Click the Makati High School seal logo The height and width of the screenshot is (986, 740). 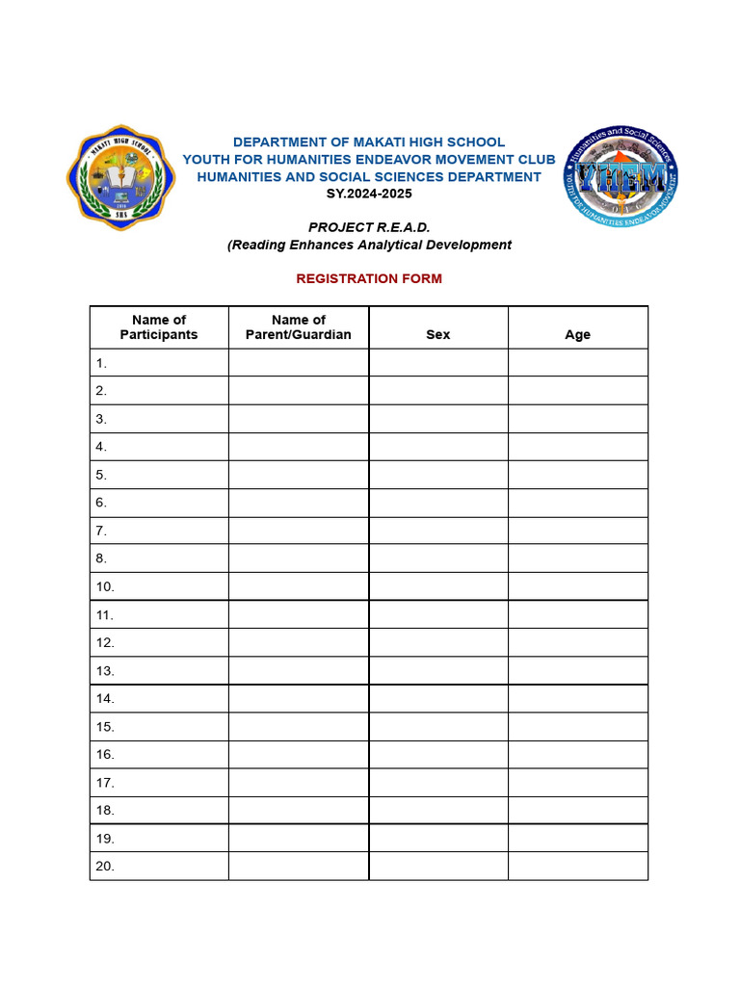click(121, 176)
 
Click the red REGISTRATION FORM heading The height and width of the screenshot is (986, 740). click(369, 278)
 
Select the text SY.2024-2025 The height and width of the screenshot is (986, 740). click(369, 194)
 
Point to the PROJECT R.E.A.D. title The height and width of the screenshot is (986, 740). click(369, 227)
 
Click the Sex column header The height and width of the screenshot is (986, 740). click(437, 334)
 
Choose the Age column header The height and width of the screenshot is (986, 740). click(577, 334)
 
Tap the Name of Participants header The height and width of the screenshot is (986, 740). click(159, 327)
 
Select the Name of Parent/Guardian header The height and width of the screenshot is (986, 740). click(299, 327)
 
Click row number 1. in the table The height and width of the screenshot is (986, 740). click(101, 363)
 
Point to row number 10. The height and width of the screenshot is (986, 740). click(105, 586)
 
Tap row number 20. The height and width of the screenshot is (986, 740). click(105, 866)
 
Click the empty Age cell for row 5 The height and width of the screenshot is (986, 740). click(577, 475)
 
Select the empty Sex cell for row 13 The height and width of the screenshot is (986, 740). click(437, 670)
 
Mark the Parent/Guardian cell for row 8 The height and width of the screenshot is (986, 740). click(299, 558)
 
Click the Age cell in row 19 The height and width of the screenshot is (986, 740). click(577, 838)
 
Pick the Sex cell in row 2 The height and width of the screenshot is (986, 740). click(437, 391)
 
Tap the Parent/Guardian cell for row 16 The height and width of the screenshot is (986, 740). click(299, 754)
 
